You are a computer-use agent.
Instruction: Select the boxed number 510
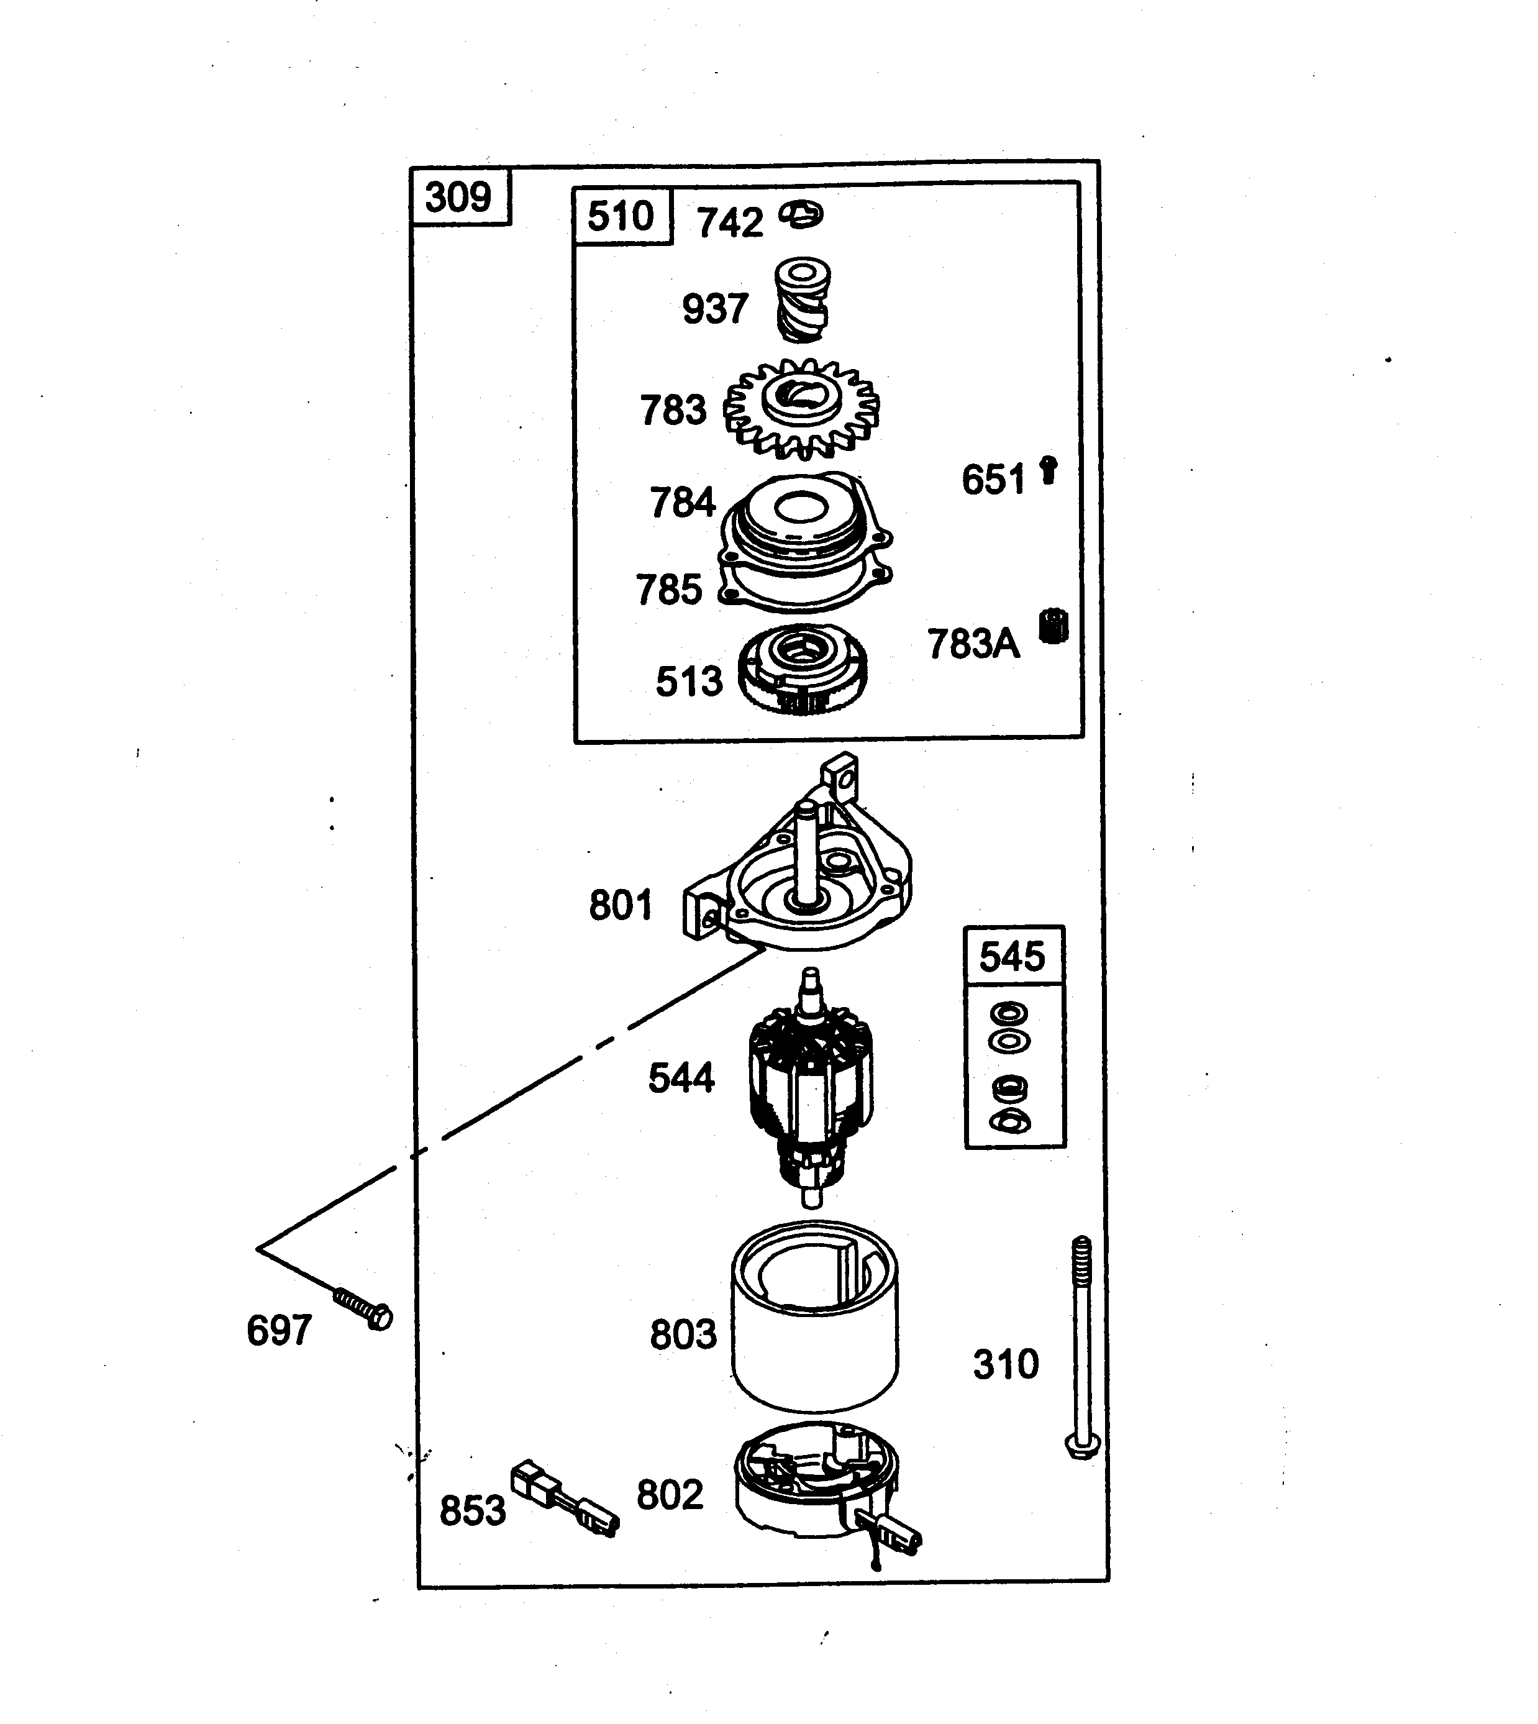pos(621,216)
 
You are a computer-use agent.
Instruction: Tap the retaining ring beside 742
pos(801,215)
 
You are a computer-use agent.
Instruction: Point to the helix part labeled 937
pos(803,301)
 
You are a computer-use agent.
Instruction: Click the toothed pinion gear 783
pos(801,408)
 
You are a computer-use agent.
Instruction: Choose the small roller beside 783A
pos(1053,626)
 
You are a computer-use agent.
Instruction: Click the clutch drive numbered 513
pos(802,668)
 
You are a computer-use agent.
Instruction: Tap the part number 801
pos(621,905)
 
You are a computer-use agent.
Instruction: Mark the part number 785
pos(669,589)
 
